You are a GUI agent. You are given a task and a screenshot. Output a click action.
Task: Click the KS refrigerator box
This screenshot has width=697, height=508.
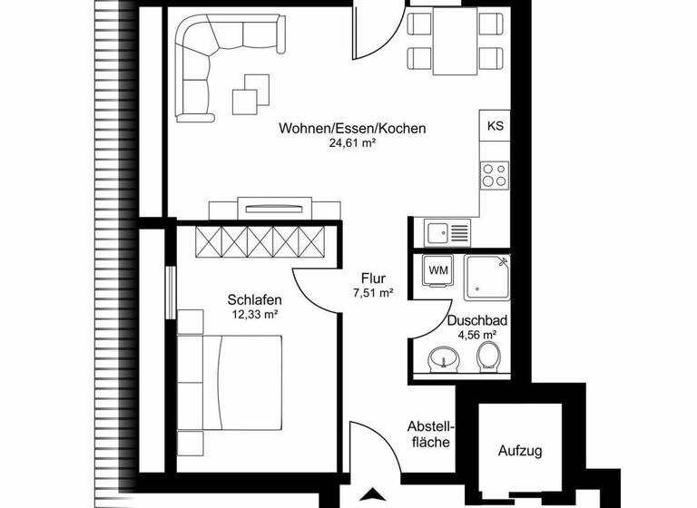coord(496,126)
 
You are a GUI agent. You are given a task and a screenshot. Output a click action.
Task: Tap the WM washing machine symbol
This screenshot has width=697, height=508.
coord(437,270)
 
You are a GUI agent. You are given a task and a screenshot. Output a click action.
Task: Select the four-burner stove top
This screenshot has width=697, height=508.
coord(495,174)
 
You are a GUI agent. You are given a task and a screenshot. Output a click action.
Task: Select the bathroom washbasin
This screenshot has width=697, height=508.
coord(442,359)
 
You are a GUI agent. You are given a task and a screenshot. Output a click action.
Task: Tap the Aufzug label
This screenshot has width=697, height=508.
coord(520,450)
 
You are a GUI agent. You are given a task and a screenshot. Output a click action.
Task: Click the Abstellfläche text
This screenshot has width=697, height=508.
coord(430,435)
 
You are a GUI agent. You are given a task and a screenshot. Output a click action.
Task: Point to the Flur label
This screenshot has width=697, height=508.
coord(373,278)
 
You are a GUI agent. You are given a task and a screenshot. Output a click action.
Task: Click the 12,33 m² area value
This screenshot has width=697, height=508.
coord(254,315)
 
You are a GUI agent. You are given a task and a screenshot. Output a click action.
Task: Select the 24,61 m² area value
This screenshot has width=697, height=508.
coord(352,143)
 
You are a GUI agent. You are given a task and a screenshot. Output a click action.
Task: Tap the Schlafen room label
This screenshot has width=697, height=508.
coord(254,300)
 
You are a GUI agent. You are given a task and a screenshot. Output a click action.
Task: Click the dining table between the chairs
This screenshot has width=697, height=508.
coord(454,42)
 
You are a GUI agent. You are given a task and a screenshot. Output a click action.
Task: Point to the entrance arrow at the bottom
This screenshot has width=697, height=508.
coord(372,495)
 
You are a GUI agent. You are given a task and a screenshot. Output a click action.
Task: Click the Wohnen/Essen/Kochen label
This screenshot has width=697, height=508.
coord(352,129)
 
